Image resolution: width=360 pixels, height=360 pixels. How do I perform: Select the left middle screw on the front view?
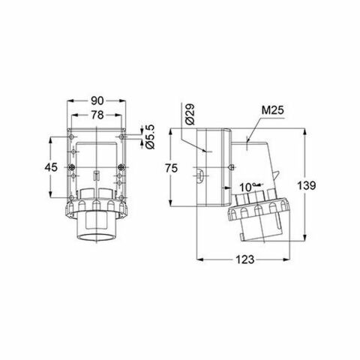pyautogui.click(x=71, y=166)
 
